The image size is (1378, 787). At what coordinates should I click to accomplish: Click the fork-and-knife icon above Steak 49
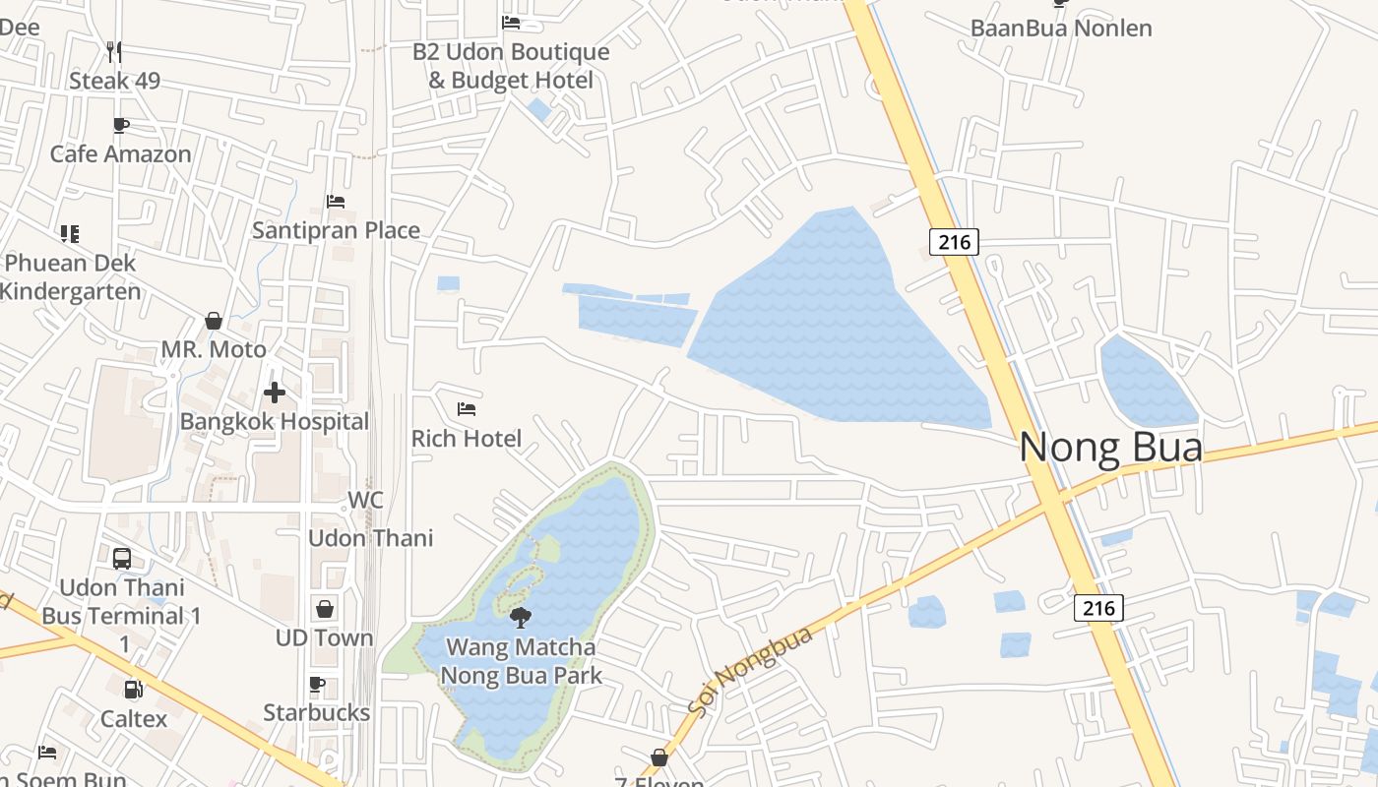click(x=114, y=51)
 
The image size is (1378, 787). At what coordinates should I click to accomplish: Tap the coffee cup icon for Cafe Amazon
click(x=121, y=125)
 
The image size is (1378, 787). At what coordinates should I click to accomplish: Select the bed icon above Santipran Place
click(x=336, y=202)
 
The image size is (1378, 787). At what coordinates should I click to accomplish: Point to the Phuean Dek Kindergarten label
click(x=71, y=277)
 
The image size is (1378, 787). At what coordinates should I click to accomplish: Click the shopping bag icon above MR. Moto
click(x=214, y=321)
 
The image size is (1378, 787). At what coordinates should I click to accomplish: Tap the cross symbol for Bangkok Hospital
click(x=275, y=393)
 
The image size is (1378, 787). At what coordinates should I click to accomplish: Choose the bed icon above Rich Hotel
click(x=467, y=409)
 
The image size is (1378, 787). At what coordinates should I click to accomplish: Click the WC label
click(x=365, y=500)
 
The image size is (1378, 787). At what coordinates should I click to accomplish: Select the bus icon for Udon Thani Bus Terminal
click(x=122, y=559)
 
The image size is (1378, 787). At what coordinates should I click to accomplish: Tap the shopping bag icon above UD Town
click(x=325, y=609)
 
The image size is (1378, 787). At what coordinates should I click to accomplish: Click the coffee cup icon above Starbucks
click(x=317, y=684)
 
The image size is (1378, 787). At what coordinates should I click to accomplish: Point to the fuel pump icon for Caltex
click(x=133, y=690)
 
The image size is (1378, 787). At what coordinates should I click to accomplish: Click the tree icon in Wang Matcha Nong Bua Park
click(x=521, y=618)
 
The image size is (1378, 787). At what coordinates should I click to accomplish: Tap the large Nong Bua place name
click(x=1110, y=448)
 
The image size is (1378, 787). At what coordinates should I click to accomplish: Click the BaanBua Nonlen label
click(x=1061, y=28)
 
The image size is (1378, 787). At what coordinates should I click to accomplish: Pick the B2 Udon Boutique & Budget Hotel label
click(x=511, y=66)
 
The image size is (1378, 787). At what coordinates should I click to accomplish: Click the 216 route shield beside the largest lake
click(x=954, y=242)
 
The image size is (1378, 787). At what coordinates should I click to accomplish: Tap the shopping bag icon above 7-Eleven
click(x=659, y=757)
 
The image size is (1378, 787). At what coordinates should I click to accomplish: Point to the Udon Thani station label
click(x=371, y=538)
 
